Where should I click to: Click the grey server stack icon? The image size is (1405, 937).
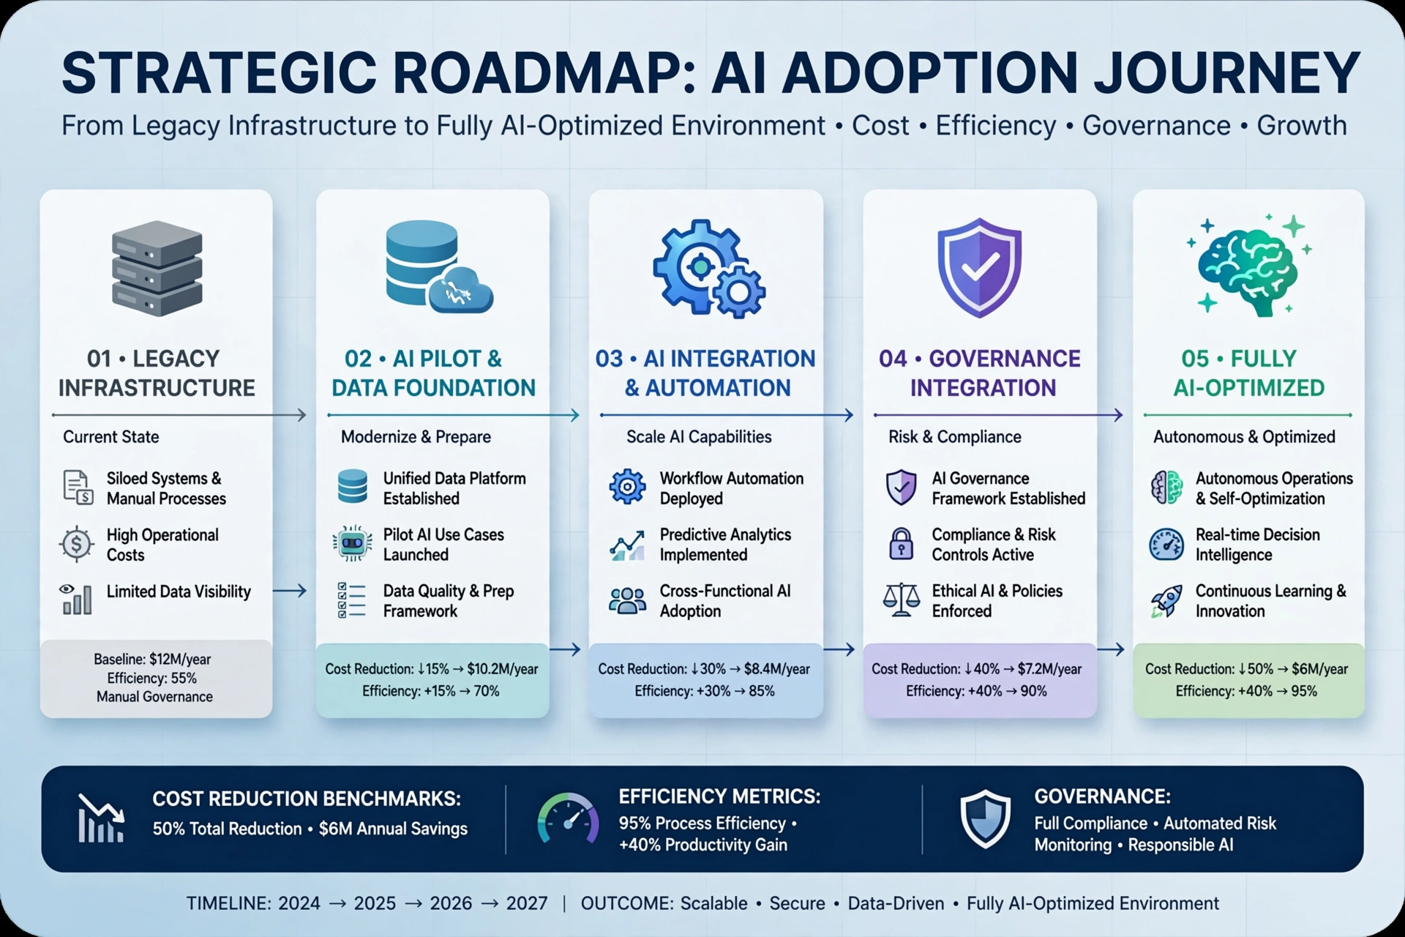pos(157,268)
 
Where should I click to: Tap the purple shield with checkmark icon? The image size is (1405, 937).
pos(979,268)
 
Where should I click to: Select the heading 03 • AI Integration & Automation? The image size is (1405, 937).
pos(705,373)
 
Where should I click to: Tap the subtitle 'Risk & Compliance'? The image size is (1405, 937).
pos(954,437)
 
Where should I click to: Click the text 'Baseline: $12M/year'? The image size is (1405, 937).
pos(152,659)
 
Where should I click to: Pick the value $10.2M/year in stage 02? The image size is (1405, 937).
pos(503,669)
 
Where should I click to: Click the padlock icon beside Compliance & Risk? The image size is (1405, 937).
pos(901,544)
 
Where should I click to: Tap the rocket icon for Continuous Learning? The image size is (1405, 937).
pos(1166,601)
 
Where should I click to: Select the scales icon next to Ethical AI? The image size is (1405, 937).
pos(901,600)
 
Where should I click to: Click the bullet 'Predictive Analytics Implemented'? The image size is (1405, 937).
pos(725,545)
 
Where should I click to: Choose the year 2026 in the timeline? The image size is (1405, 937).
pos(451,903)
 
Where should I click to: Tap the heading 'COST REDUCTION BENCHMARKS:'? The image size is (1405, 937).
pos(307,799)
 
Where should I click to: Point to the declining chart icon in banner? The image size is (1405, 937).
pos(101,818)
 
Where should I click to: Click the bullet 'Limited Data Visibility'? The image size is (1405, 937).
pos(179,591)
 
